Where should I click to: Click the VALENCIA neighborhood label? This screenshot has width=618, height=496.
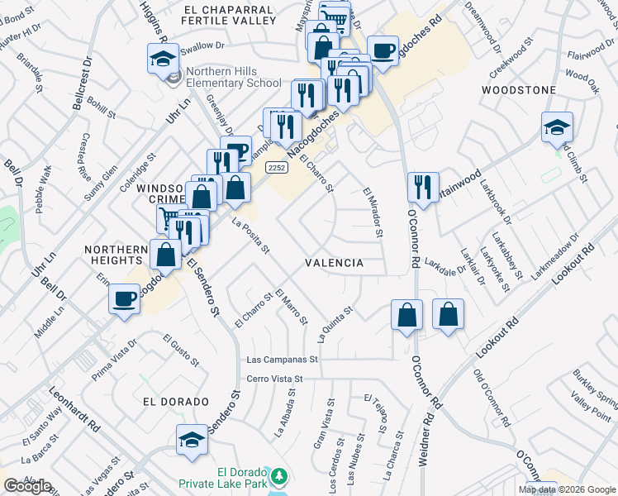tap(334, 263)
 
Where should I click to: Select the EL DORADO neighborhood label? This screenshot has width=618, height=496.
tap(175, 402)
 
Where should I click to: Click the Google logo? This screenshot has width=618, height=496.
tap(27, 486)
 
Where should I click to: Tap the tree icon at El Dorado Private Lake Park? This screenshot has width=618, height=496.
tap(280, 476)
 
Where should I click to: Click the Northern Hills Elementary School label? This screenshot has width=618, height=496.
tap(234, 77)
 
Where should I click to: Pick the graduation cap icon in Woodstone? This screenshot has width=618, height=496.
tap(558, 128)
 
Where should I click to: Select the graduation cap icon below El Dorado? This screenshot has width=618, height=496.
tap(192, 440)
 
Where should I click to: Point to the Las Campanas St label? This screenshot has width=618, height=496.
tap(283, 360)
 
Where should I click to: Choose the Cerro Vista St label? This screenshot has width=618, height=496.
tap(276, 379)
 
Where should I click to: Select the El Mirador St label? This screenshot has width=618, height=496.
tap(373, 212)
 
